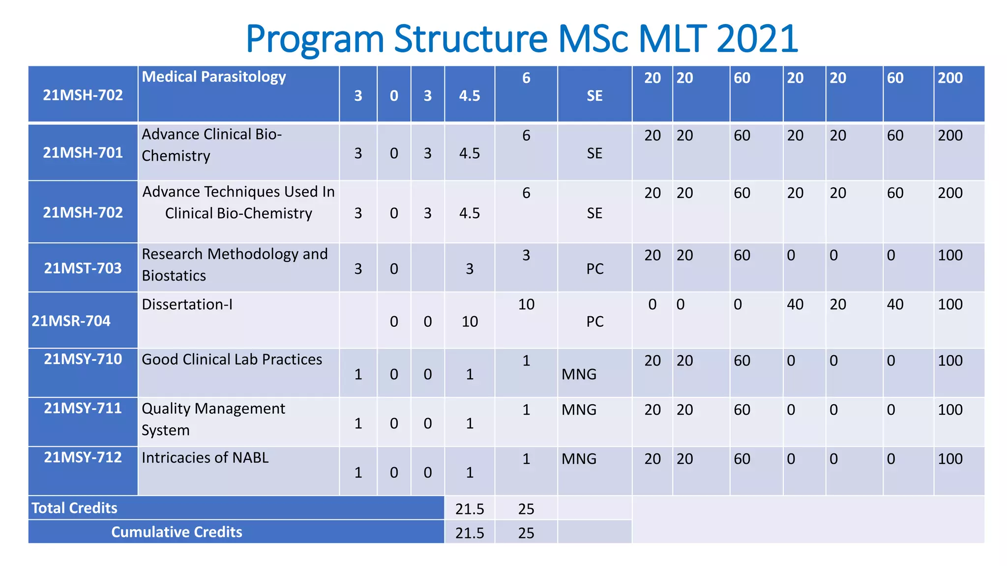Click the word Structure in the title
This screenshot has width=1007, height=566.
click(x=472, y=39)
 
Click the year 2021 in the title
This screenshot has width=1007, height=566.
click(x=757, y=39)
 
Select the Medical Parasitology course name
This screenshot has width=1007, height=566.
click(x=214, y=77)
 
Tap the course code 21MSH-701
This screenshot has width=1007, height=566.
click(x=83, y=153)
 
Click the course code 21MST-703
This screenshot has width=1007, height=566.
click(x=83, y=268)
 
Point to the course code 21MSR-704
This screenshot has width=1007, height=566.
click(x=71, y=321)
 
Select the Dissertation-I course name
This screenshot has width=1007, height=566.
click(x=187, y=305)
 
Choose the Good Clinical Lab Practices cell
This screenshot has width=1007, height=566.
click(x=232, y=360)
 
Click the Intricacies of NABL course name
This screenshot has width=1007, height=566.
click(x=205, y=458)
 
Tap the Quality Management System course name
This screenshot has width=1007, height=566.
click(x=213, y=419)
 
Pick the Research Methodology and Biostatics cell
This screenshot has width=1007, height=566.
click(x=235, y=265)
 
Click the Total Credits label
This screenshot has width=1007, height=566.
click(x=74, y=508)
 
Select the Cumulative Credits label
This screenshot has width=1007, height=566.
click(x=177, y=532)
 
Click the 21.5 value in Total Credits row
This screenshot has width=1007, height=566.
click(x=470, y=509)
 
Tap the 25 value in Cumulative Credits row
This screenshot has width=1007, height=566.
click(x=526, y=533)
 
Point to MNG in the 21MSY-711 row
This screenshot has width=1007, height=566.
click(x=579, y=410)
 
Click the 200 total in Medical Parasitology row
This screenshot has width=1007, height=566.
click(x=950, y=78)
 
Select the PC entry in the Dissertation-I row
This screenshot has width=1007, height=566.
click(x=594, y=322)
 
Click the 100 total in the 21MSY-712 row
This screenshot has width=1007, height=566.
click(x=950, y=459)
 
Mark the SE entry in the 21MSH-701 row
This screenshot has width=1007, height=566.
click(x=594, y=153)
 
